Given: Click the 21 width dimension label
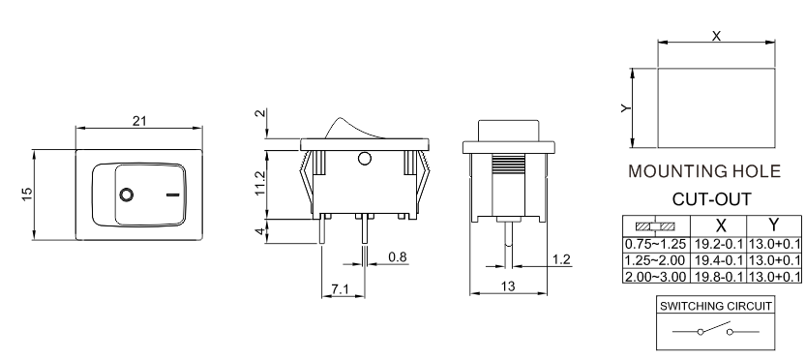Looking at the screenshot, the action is [139, 121].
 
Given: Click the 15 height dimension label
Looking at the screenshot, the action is [27, 194].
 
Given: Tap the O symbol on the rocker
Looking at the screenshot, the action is [126, 195].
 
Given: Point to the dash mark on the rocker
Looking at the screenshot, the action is [173, 195].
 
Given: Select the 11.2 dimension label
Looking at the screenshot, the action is [260, 183].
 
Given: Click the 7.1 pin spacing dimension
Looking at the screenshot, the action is [340, 289].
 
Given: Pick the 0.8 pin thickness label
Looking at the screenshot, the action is [398, 256].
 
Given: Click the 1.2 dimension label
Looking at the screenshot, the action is [561, 259].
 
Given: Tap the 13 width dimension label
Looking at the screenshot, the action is [507, 285].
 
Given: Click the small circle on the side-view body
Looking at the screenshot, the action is [365, 159].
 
